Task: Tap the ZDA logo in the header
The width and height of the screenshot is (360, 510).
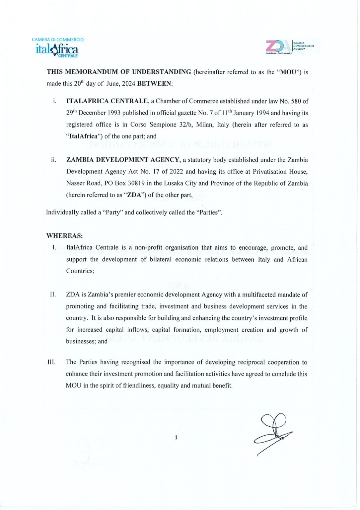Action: (289, 47)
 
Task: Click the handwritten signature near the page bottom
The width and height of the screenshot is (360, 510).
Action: (273, 432)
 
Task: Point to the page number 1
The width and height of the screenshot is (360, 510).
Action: (176, 437)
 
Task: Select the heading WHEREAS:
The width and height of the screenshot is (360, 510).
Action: (64, 236)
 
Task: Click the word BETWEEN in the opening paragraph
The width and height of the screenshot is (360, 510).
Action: (154, 84)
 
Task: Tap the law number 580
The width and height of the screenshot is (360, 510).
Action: (296, 101)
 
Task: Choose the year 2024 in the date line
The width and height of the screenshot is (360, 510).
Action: (128, 84)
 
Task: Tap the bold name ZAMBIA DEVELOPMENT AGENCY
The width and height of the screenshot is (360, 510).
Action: (122, 160)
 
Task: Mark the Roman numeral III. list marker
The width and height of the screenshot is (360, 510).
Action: (51, 362)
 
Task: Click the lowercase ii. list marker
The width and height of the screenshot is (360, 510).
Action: (53, 160)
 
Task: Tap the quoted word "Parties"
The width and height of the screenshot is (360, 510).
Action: (209, 212)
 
